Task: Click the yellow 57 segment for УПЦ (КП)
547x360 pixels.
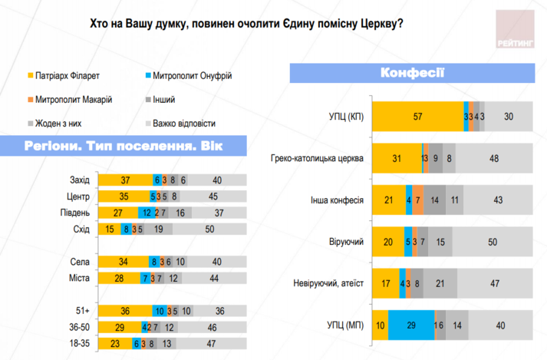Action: click(417, 117)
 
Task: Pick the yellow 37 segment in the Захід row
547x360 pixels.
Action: click(125, 180)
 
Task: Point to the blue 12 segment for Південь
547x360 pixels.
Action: click(145, 213)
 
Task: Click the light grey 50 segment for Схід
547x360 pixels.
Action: click(210, 229)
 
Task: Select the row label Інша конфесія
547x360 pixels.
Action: click(340, 200)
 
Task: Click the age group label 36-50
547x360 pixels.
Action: click(79, 328)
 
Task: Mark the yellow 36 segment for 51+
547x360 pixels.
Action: click(125, 311)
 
